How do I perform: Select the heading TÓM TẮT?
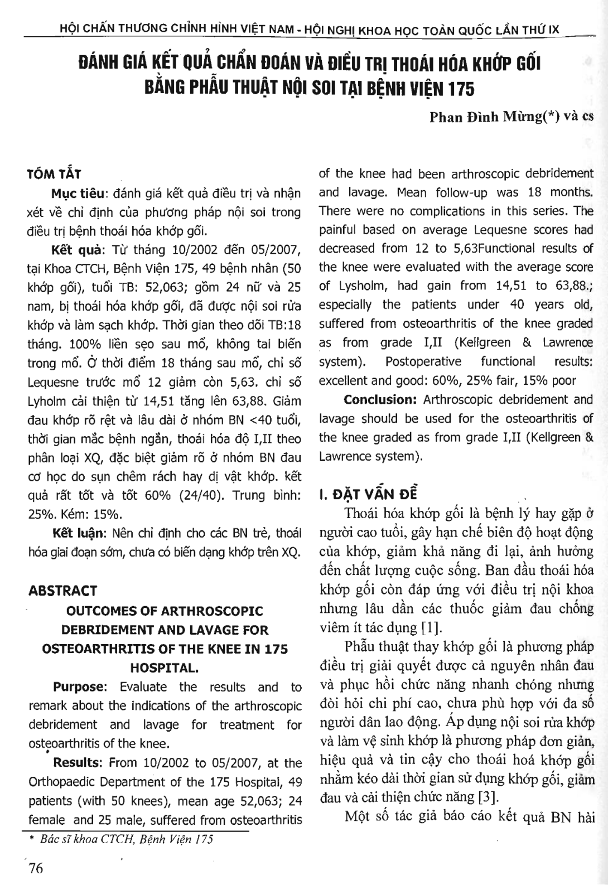click(55, 175)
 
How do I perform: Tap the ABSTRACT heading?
click(62, 591)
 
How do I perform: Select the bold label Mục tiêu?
click(78, 194)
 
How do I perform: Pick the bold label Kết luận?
click(77, 533)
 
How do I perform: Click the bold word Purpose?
click(79, 687)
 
